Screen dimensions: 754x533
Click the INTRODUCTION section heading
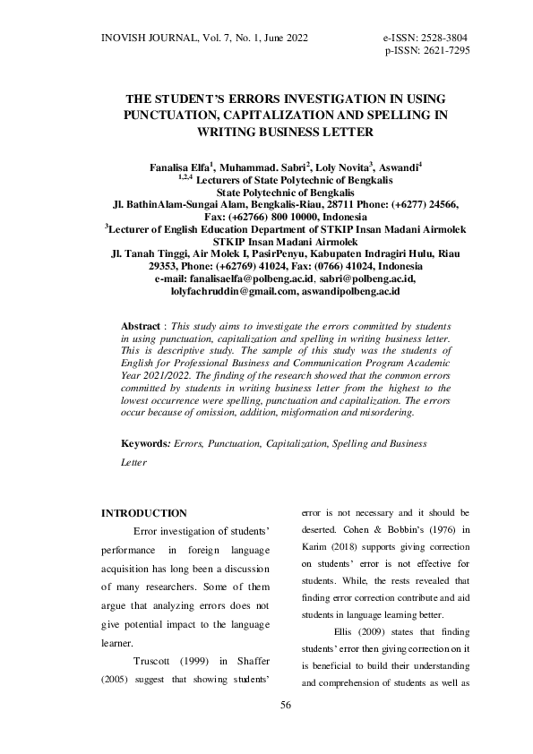pos(143,513)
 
